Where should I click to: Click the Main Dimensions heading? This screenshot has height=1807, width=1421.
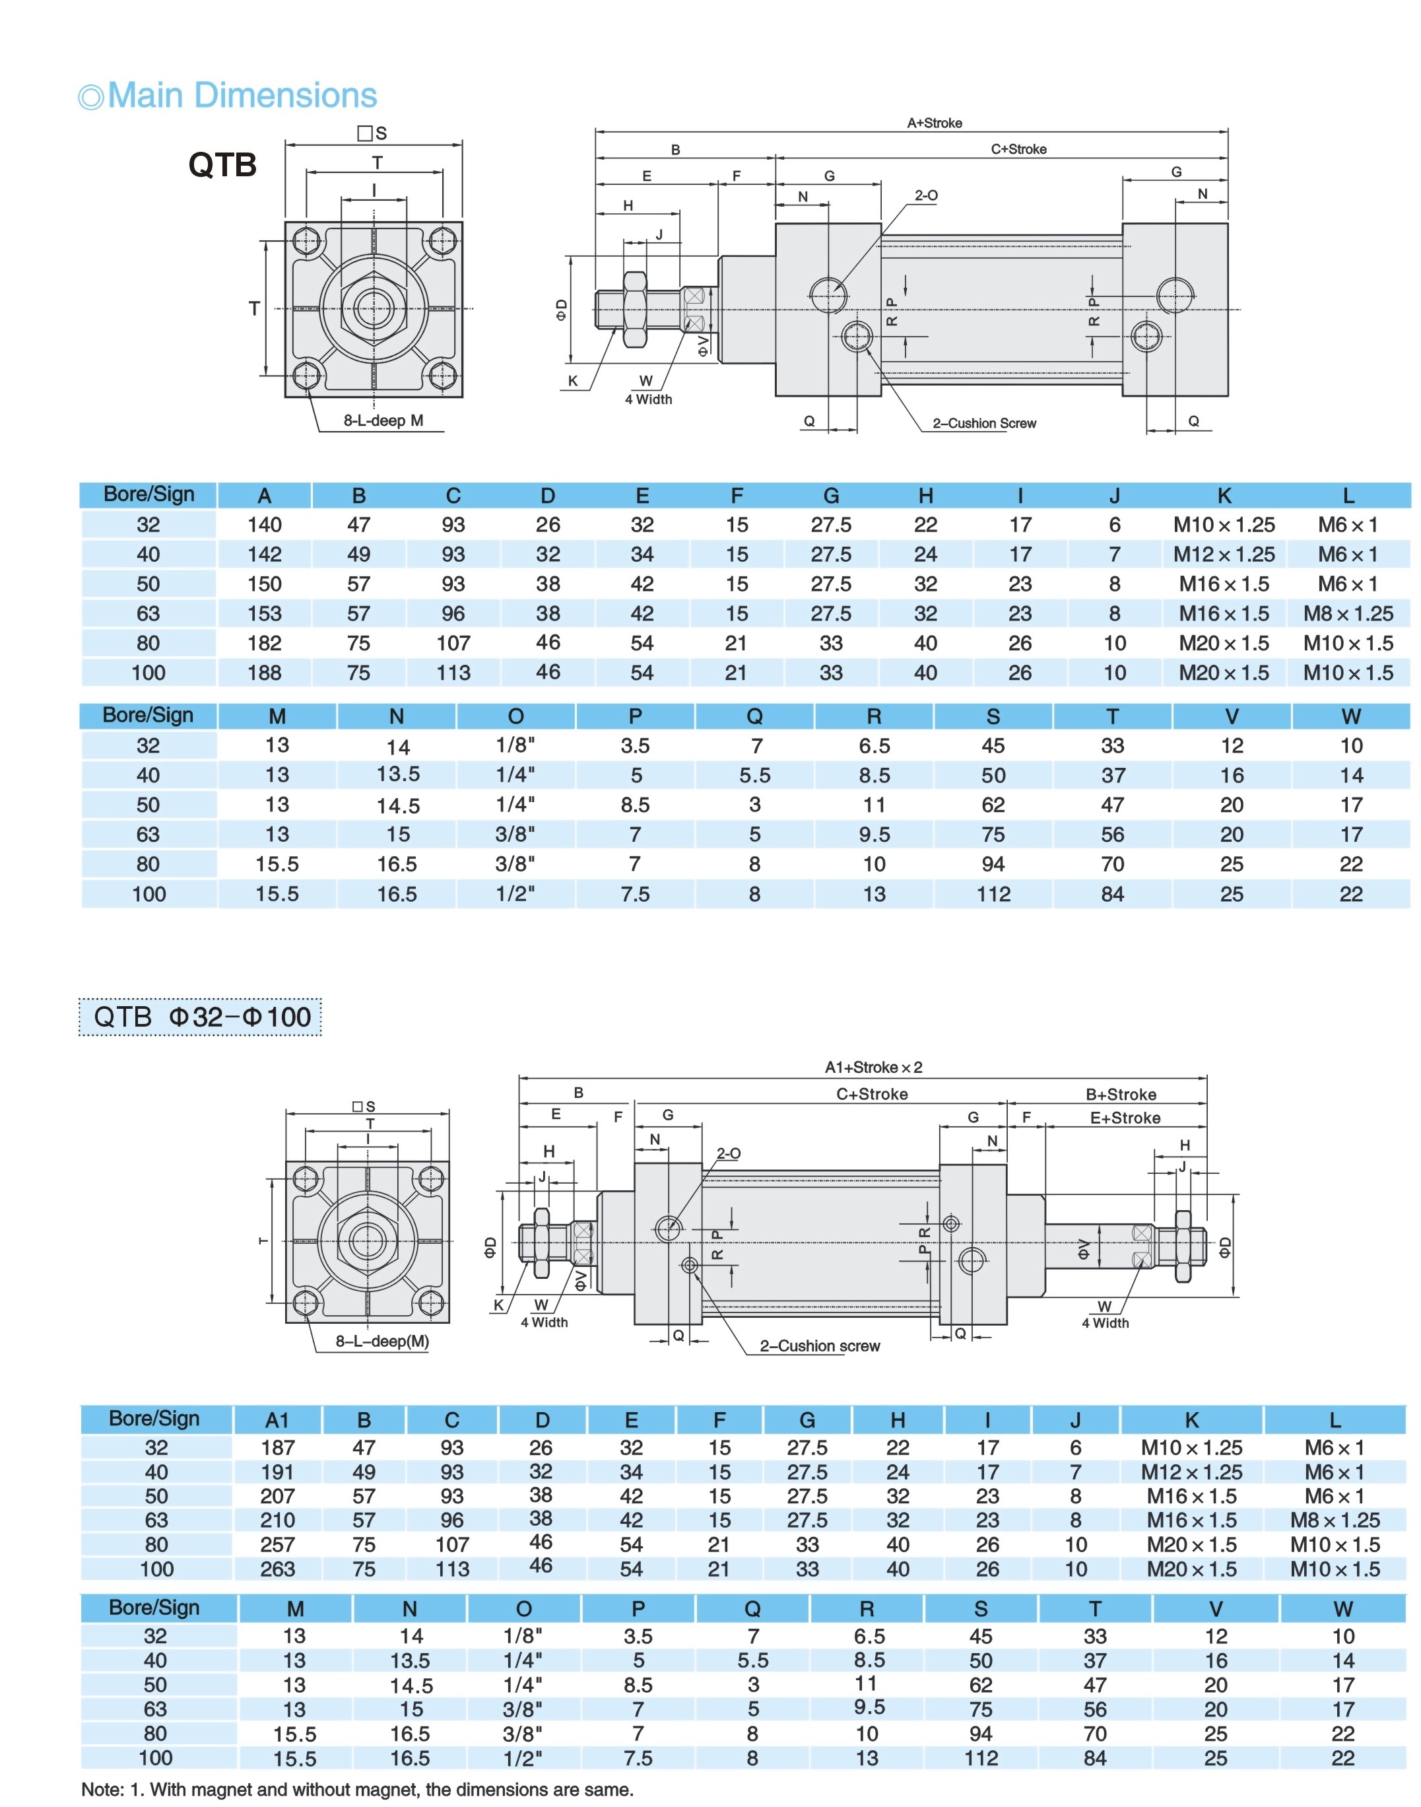pyautogui.click(x=242, y=96)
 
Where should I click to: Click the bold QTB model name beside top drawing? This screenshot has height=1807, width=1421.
pyautogui.click(x=222, y=165)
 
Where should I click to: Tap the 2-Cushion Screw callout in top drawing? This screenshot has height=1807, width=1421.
pyautogui.click(x=984, y=423)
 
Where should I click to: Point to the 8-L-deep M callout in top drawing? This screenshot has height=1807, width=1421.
pyautogui.click(x=383, y=421)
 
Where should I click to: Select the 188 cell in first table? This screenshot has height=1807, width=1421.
pyautogui.click(x=265, y=673)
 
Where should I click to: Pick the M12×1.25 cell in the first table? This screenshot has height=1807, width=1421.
pyautogui.click(x=1224, y=555)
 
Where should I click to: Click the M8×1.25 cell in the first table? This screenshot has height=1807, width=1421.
pyautogui.click(x=1348, y=613)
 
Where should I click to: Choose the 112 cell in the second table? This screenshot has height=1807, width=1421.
pyautogui.click(x=993, y=894)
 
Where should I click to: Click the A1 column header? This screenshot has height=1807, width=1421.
pyautogui.click(x=277, y=1419)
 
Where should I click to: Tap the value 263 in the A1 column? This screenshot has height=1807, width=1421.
pyautogui.click(x=277, y=1569)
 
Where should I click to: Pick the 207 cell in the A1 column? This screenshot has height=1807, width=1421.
pyautogui.click(x=277, y=1495)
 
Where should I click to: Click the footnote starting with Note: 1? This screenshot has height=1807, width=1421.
pyautogui.click(x=357, y=1790)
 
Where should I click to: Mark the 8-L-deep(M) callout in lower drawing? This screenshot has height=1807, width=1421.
pyautogui.click(x=382, y=1341)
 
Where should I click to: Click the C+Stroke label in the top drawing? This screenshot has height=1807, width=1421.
pyautogui.click(x=1018, y=149)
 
